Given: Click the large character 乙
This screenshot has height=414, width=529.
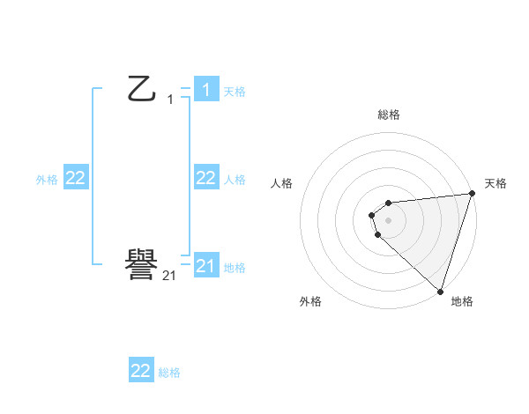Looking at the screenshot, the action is [x=142, y=89].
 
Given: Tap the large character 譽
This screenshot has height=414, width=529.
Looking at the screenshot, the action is [x=142, y=265].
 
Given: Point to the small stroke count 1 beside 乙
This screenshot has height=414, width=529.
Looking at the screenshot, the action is [x=170, y=100].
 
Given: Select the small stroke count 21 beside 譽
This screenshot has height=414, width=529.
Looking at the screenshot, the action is [x=169, y=276].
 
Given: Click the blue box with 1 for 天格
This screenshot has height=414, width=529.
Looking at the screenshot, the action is [x=205, y=89].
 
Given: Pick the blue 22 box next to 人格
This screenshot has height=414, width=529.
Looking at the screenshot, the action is [x=205, y=178].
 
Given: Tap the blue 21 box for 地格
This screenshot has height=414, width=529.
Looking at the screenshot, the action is [x=205, y=265].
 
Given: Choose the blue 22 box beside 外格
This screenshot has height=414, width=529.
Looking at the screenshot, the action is [x=75, y=178].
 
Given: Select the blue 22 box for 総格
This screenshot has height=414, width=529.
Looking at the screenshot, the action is [x=141, y=371].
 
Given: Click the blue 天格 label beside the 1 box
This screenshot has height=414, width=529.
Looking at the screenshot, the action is [x=235, y=91].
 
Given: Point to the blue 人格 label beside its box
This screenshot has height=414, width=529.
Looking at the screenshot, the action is [x=235, y=180].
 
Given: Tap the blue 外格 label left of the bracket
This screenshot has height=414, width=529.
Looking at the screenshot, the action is [x=47, y=180].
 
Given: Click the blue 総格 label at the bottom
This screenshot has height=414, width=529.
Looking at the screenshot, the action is [x=169, y=373].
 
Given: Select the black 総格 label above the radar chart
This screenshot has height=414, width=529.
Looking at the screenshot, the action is [x=388, y=115].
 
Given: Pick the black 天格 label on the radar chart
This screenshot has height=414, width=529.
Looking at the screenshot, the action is [x=495, y=183].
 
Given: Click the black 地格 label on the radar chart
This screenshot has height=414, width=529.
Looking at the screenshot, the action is [x=462, y=301].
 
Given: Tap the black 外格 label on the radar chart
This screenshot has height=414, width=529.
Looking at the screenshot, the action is [x=310, y=301].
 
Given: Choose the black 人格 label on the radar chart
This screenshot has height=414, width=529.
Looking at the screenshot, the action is [x=281, y=183].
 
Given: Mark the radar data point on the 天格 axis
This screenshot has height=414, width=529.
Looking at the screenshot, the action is [x=471, y=194].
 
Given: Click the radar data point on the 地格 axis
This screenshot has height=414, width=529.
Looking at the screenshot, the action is [x=439, y=291].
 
